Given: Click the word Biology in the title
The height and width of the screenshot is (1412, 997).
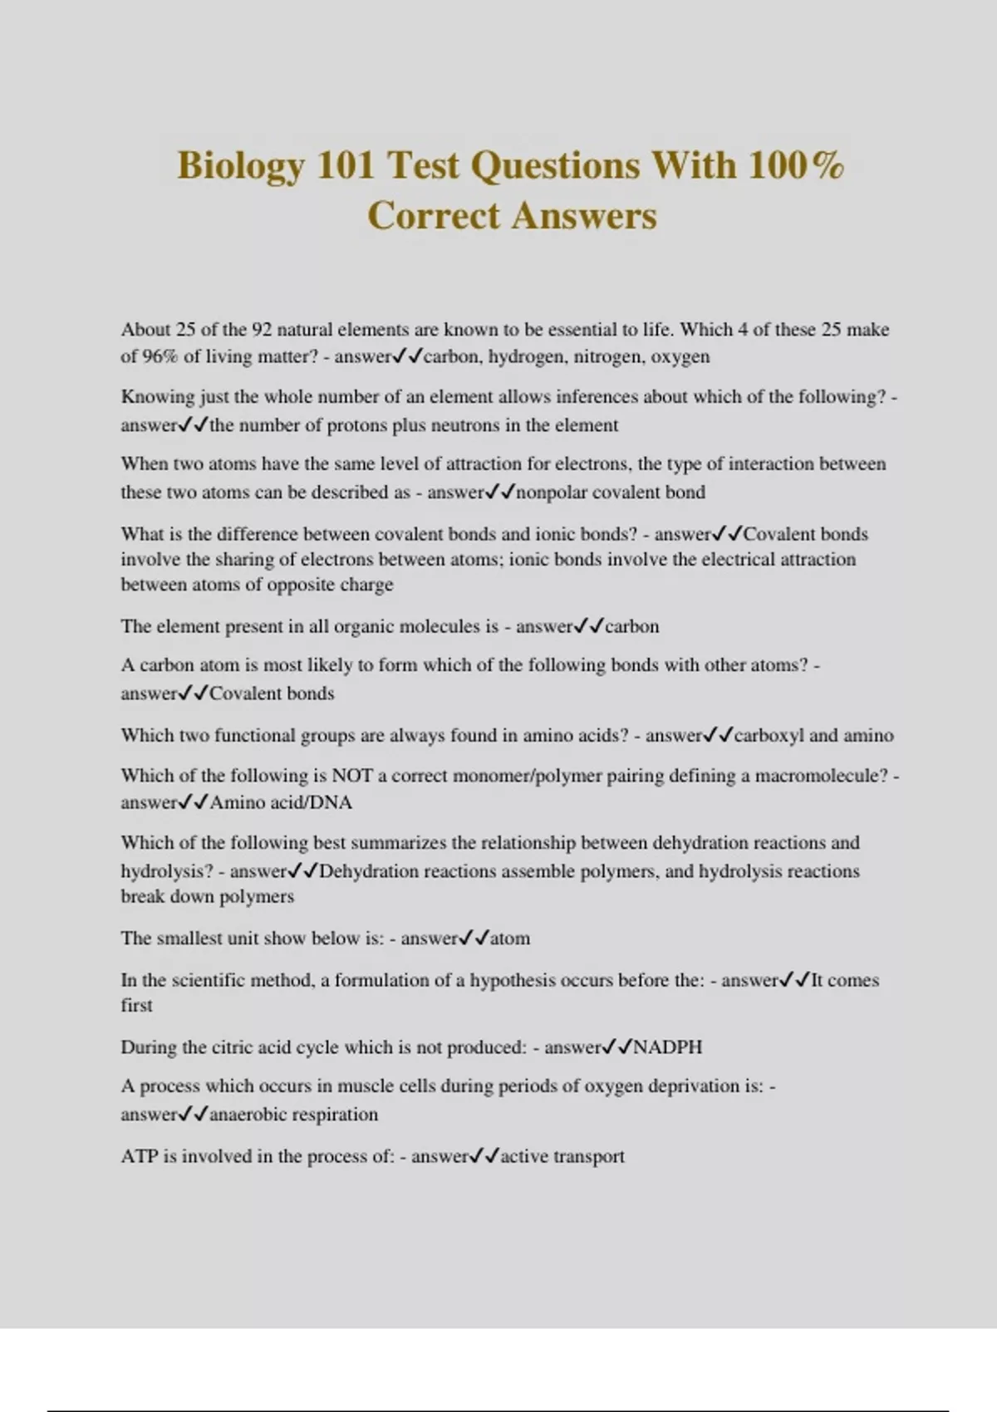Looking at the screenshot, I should pyautogui.click(x=239, y=165).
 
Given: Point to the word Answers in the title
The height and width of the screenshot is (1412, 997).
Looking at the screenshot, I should pyautogui.click(x=584, y=216).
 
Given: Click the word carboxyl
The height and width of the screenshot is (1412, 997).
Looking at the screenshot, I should pyautogui.click(x=769, y=735).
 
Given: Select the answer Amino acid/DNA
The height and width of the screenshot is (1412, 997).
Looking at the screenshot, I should pyautogui.click(x=281, y=802).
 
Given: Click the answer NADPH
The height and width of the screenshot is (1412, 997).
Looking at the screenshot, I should pyautogui.click(x=668, y=1047).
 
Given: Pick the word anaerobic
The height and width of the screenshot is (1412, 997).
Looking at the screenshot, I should pyautogui.click(x=248, y=1115).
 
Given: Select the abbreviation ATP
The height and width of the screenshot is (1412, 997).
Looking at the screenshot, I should pyautogui.click(x=139, y=1156).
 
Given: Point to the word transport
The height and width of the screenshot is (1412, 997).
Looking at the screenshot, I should pyautogui.click(x=589, y=1156).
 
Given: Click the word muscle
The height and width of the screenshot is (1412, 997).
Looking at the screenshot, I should pyautogui.click(x=390, y=1086).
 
